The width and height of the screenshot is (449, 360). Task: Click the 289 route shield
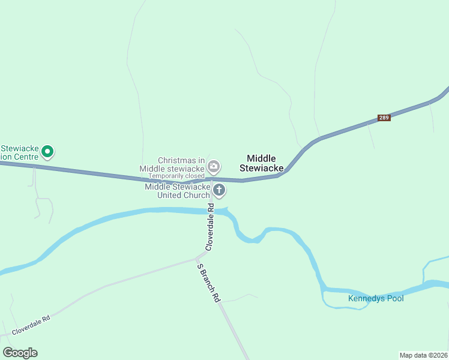[384, 118]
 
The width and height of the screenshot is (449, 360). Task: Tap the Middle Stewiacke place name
[261, 163]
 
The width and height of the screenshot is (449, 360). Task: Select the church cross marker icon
[219, 191]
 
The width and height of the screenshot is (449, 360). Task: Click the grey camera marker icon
[213, 166]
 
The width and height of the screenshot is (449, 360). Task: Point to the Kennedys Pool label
[376, 298]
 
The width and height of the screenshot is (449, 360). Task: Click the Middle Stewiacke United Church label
[177, 191]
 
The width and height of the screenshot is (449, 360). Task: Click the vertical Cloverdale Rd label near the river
[209, 227]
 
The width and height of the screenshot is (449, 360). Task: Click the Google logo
[20, 353]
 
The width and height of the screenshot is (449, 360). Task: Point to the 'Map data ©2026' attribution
[423, 355]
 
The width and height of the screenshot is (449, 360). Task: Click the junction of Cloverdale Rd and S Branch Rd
[200, 258]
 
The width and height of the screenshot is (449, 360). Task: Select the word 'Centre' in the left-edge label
[26, 157]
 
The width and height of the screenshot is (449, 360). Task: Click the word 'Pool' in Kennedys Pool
[394, 298]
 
